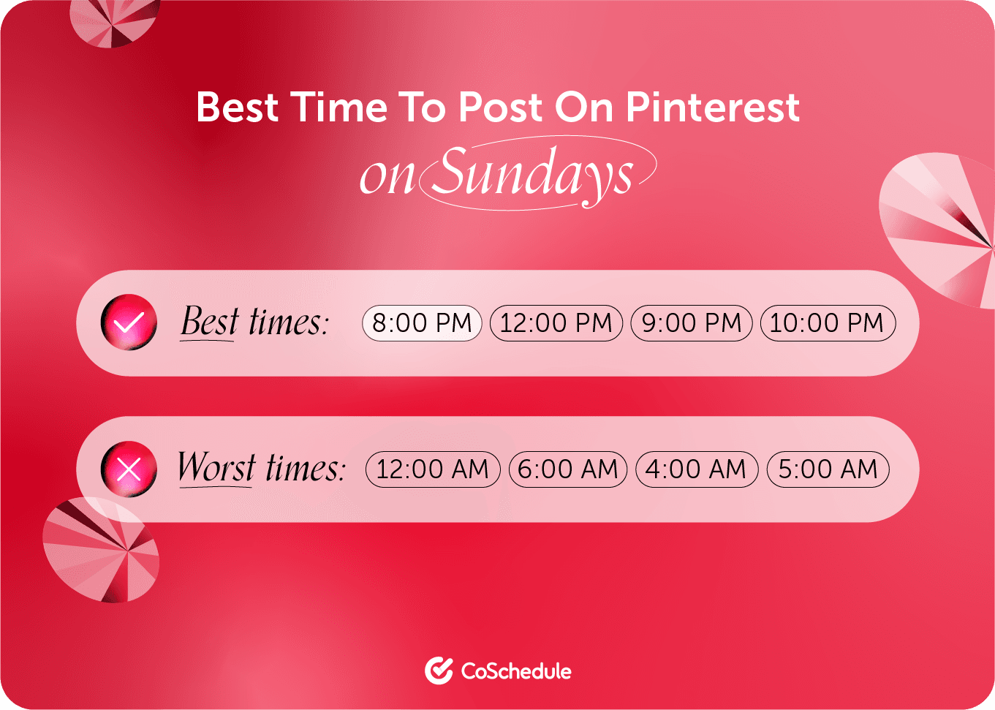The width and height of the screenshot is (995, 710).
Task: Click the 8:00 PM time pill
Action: click(x=422, y=323)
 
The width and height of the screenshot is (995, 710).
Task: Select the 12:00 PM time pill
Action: click(x=556, y=323)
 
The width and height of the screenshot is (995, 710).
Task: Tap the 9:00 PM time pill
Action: click(x=691, y=323)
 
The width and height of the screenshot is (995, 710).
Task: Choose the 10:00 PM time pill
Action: click(x=828, y=323)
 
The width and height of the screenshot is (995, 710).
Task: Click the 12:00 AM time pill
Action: click(x=433, y=469)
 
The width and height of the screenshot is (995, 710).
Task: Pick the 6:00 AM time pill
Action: click(x=567, y=469)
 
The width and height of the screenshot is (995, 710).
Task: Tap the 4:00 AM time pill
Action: click(x=697, y=469)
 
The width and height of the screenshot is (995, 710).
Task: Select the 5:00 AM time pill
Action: click(x=828, y=469)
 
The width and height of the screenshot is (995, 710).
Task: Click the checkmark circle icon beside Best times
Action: click(x=129, y=322)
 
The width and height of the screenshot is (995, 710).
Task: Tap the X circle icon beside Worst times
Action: click(x=129, y=469)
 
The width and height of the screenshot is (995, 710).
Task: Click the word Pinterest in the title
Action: click(x=713, y=107)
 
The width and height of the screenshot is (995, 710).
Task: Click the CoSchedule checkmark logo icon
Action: click(x=439, y=671)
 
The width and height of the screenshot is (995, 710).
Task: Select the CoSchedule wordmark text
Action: click(x=516, y=671)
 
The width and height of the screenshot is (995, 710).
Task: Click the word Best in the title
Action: click(x=237, y=107)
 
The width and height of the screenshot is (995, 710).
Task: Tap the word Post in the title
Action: click(x=500, y=107)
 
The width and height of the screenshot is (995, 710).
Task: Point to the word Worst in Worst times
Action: click(x=216, y=467)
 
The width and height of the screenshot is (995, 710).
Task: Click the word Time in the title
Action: click(x=338, y=107)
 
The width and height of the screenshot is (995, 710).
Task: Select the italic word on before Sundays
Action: click(x=387, y=177)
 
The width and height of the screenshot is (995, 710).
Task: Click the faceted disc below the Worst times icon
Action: click(x=101, y=550)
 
